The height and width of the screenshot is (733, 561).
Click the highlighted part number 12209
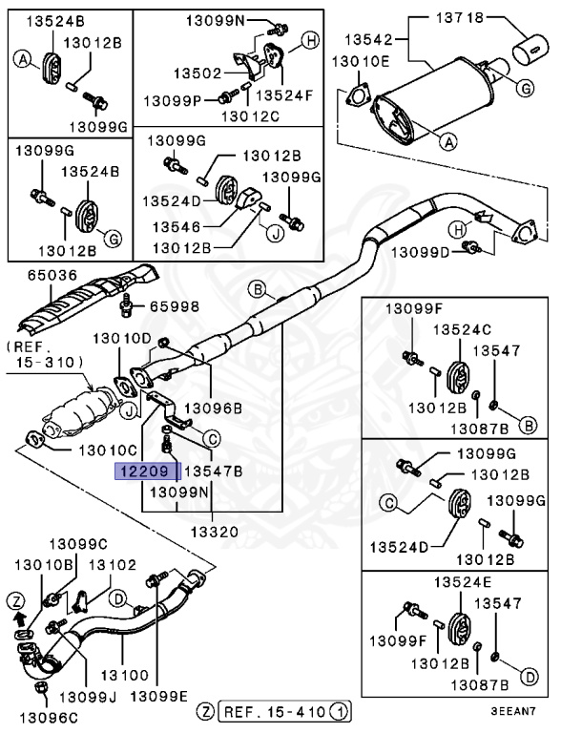pyautogui.click(x=143, y=471)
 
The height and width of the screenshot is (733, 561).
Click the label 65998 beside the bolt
pyautogui.click(x=173, y=306)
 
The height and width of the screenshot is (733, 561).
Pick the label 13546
pyautogui.click(x=171, y=228)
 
